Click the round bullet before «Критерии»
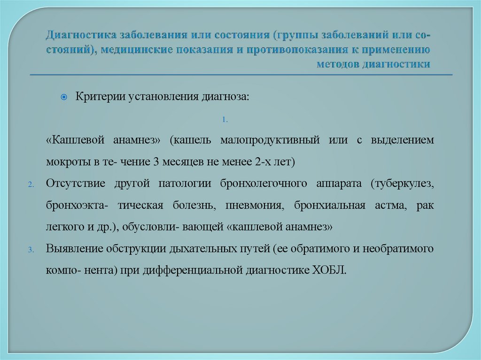65,97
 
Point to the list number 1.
225,120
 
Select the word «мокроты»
64,162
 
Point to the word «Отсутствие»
75,184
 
